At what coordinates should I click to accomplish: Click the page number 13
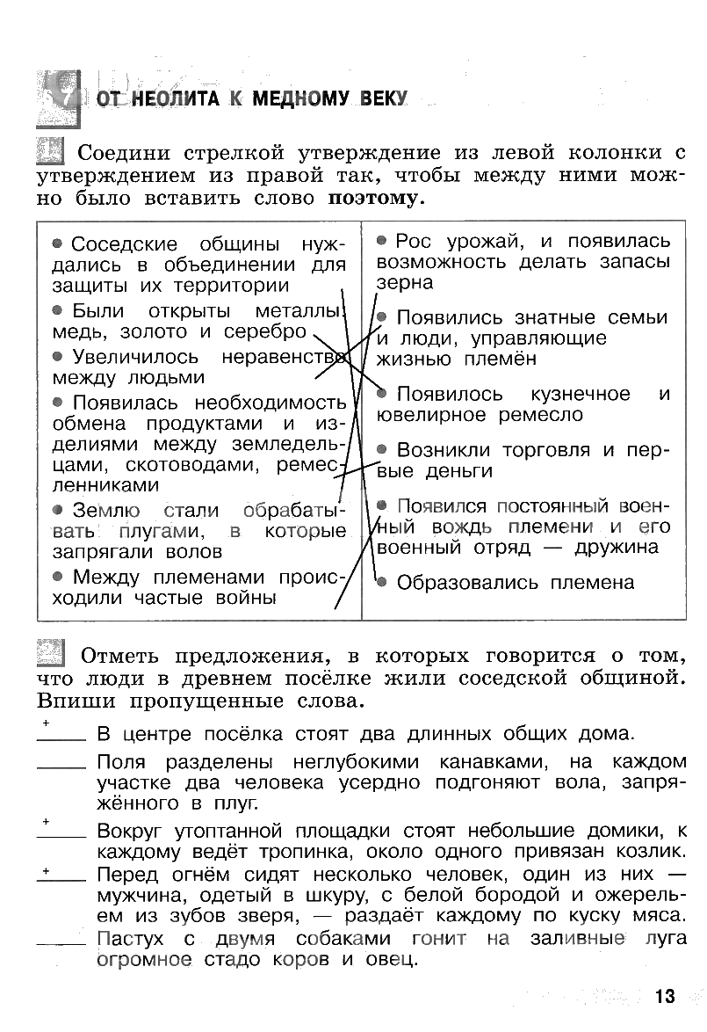[x=665, y=996]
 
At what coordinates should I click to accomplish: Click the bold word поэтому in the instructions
[x=373, y=198]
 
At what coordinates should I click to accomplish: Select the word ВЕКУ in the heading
[x=384, y=99]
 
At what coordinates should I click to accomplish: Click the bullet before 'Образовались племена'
[x=381, y=581]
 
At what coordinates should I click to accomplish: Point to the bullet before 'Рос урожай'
[x=382, y=239]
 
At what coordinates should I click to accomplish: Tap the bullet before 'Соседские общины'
[x=57, y=243]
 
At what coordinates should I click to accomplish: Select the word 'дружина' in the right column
[x=617, y=548]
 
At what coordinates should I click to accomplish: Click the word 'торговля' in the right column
[x=546, y=450]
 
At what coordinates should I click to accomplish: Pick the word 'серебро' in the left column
[x=265, y=332]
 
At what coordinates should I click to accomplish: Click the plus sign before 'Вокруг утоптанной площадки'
[x=45, y=821]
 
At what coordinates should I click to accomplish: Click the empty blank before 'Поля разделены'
[x=61, y=767]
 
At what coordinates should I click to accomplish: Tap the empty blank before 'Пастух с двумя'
[x=61, y=943]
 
